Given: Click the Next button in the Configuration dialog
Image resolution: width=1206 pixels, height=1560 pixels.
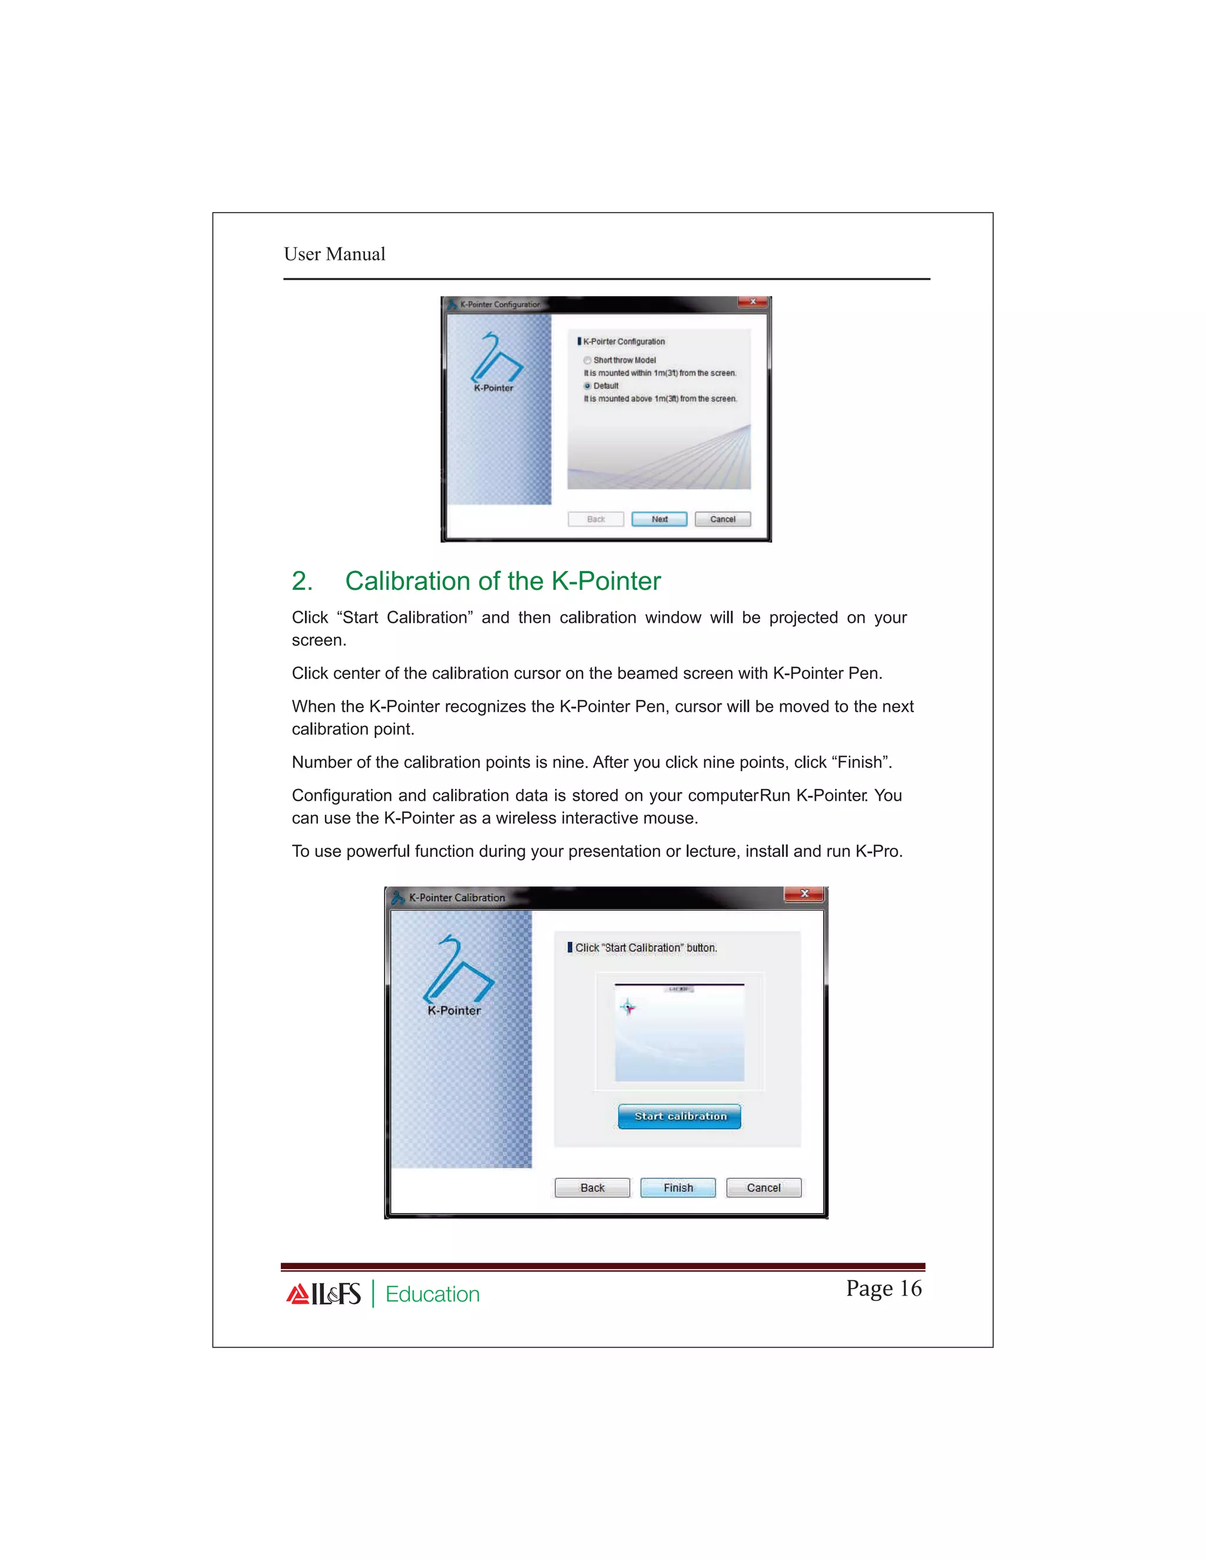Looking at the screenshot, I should tap(659, 519).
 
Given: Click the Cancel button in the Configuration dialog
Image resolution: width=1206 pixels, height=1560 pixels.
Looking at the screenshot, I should tap(723, 519).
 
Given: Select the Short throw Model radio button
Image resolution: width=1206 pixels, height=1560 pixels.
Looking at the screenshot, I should tap(587, 360).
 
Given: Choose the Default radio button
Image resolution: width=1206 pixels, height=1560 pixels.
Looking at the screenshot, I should tap(587, 386).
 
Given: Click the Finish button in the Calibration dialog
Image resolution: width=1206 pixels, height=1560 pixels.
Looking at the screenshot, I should tap(677, 1187).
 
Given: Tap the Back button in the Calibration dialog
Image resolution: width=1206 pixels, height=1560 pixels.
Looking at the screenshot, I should tap(592, 1187).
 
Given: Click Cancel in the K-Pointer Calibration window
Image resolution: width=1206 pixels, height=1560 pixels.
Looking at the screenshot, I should tap(763, 1187).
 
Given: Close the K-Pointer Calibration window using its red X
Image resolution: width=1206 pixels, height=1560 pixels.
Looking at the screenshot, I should tap(804, 894).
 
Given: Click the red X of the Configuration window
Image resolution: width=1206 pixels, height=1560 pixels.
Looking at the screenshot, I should tap(753, 302).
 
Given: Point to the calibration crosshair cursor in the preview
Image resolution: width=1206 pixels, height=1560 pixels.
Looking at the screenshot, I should tap(628, 1008).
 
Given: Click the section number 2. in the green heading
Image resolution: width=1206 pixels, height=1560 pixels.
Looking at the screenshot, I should tap(301, 582).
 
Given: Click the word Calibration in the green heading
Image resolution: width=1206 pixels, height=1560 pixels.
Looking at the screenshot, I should tap(407, 582).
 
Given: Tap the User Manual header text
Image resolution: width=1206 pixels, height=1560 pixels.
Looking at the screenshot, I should tap(334, 254).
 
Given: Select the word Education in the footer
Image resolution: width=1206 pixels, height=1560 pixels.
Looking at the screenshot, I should tap(432, 1295).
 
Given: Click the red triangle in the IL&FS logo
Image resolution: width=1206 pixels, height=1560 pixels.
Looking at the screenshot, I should tap(297, 1295).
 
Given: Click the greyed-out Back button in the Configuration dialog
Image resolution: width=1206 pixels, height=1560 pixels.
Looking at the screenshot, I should tap(595, 519).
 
